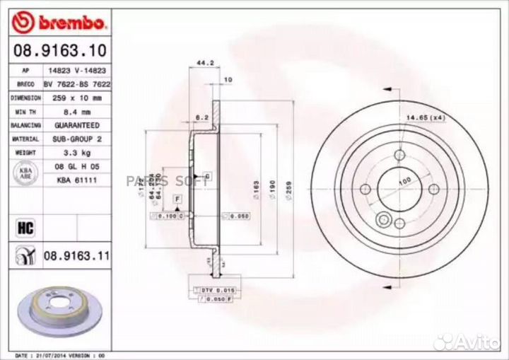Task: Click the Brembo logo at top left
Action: click(x=59, y=23)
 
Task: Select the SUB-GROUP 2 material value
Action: click(x=76, y=139)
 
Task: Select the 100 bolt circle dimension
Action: click(x=404, y=182)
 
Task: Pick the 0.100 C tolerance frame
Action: click(x=170, y=215)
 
